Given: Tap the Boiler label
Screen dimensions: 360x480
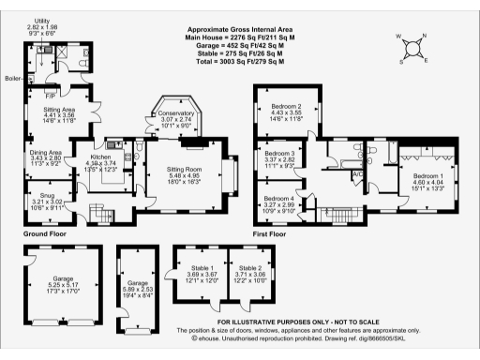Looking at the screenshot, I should pyautogui.click(x=13, y=78).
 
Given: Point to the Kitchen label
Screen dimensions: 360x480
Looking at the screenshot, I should pyautogui.click(x=101, y=155).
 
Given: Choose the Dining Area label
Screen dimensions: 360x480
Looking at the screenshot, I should pyautogui.click(x=45, y=152).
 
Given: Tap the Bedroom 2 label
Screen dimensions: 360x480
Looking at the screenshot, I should pyautogui.click(x=285, y=107).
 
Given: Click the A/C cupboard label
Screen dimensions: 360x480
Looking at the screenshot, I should pyautogui.click(x=356, y=174).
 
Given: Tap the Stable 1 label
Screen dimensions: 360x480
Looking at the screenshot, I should pyautogui.click(x=190, y=267).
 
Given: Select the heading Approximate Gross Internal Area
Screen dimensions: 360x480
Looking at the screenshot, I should pyautogui.click(x=242, y=30).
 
